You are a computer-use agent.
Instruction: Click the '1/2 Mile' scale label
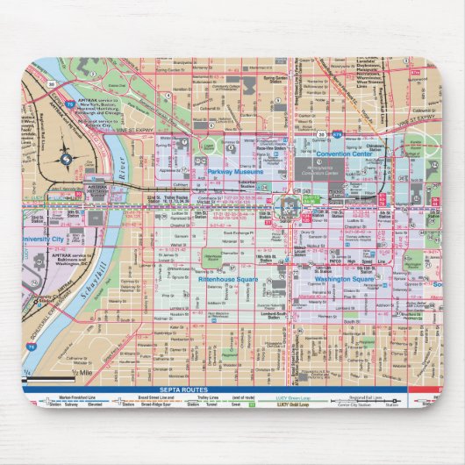coord(82,376)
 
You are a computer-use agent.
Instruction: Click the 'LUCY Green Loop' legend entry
coord(293,404)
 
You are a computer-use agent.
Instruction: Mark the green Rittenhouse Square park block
coord(213,259)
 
